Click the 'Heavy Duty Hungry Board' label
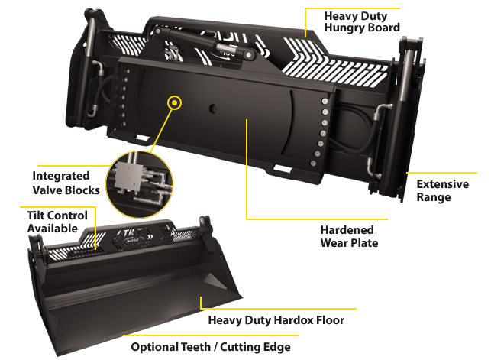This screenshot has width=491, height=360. point(362,21)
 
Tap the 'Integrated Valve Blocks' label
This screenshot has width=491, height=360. point(66,183)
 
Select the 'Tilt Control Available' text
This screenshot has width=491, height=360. point(57,222)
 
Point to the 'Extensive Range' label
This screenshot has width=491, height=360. point(442,190)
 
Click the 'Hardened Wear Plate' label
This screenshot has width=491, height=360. point(349,236)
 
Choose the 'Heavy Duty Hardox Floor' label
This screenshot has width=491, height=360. point(276,320)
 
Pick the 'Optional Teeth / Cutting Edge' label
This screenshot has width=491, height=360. point(211,347)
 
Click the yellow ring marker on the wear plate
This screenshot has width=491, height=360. point(174,102)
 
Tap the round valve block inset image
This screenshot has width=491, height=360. point(140,184)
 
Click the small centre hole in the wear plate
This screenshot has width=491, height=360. point(213,109)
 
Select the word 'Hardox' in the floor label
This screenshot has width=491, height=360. point(293,320)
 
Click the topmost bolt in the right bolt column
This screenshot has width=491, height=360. point(325,101)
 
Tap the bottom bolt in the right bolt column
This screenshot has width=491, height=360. point(313,164)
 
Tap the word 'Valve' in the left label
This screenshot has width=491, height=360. point(50,190)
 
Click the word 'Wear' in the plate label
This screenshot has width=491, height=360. point(333,243)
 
